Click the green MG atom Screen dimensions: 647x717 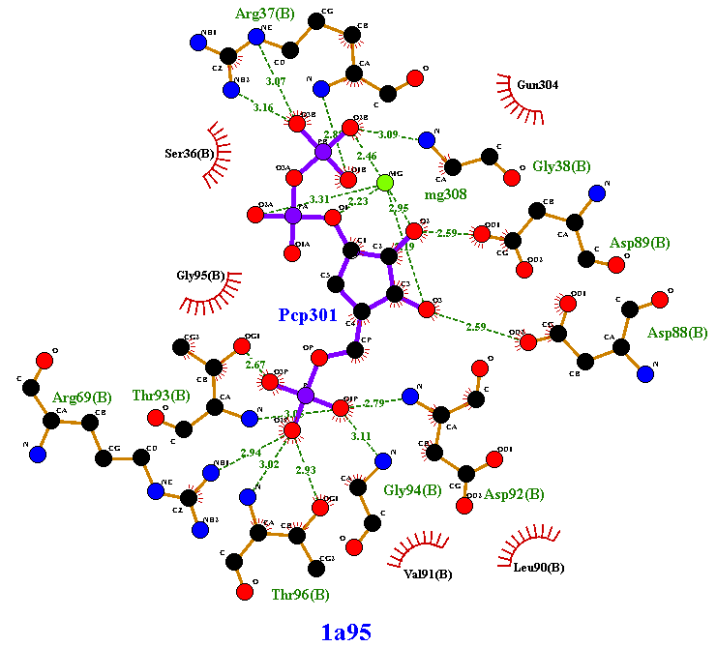point(384,183)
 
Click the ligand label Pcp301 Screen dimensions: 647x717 point(308,314)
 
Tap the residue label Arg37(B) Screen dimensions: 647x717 point(265,14)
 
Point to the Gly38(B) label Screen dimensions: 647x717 point(561,166)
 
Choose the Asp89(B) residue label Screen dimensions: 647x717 point(640,242)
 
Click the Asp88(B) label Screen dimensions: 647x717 point(677,333)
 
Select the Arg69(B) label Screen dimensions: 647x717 point(82,397)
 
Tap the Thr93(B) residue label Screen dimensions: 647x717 point(162,395)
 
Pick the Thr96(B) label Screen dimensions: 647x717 point(300,594)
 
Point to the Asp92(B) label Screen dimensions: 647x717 point(514,494)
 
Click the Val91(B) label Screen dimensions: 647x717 point(428,573)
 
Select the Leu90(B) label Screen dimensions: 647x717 point(538,567)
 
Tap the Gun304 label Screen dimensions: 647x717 point(537,84)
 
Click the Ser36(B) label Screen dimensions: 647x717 point(190,153)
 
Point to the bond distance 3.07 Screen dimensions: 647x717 point(276,81)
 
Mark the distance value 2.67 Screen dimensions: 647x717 point(255,365)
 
